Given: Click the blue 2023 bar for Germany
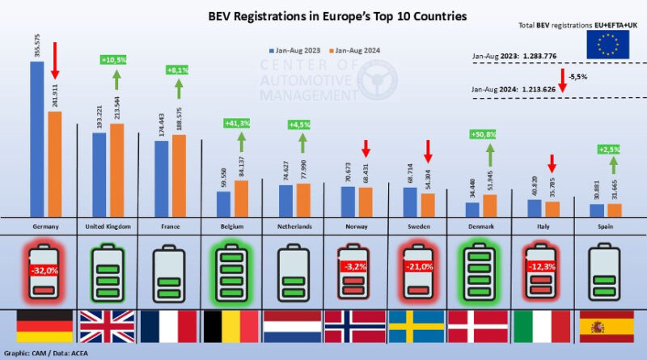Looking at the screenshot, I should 36,138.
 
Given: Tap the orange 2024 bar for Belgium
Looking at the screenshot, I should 242,197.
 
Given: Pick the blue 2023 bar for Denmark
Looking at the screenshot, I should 472,208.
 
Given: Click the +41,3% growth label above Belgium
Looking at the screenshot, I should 239,122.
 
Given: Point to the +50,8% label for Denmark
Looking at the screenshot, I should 483,133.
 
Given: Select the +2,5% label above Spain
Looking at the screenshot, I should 609,150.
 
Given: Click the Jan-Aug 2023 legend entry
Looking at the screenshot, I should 294,50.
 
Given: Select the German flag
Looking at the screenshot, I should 45,327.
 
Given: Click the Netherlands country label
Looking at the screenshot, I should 292,226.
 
